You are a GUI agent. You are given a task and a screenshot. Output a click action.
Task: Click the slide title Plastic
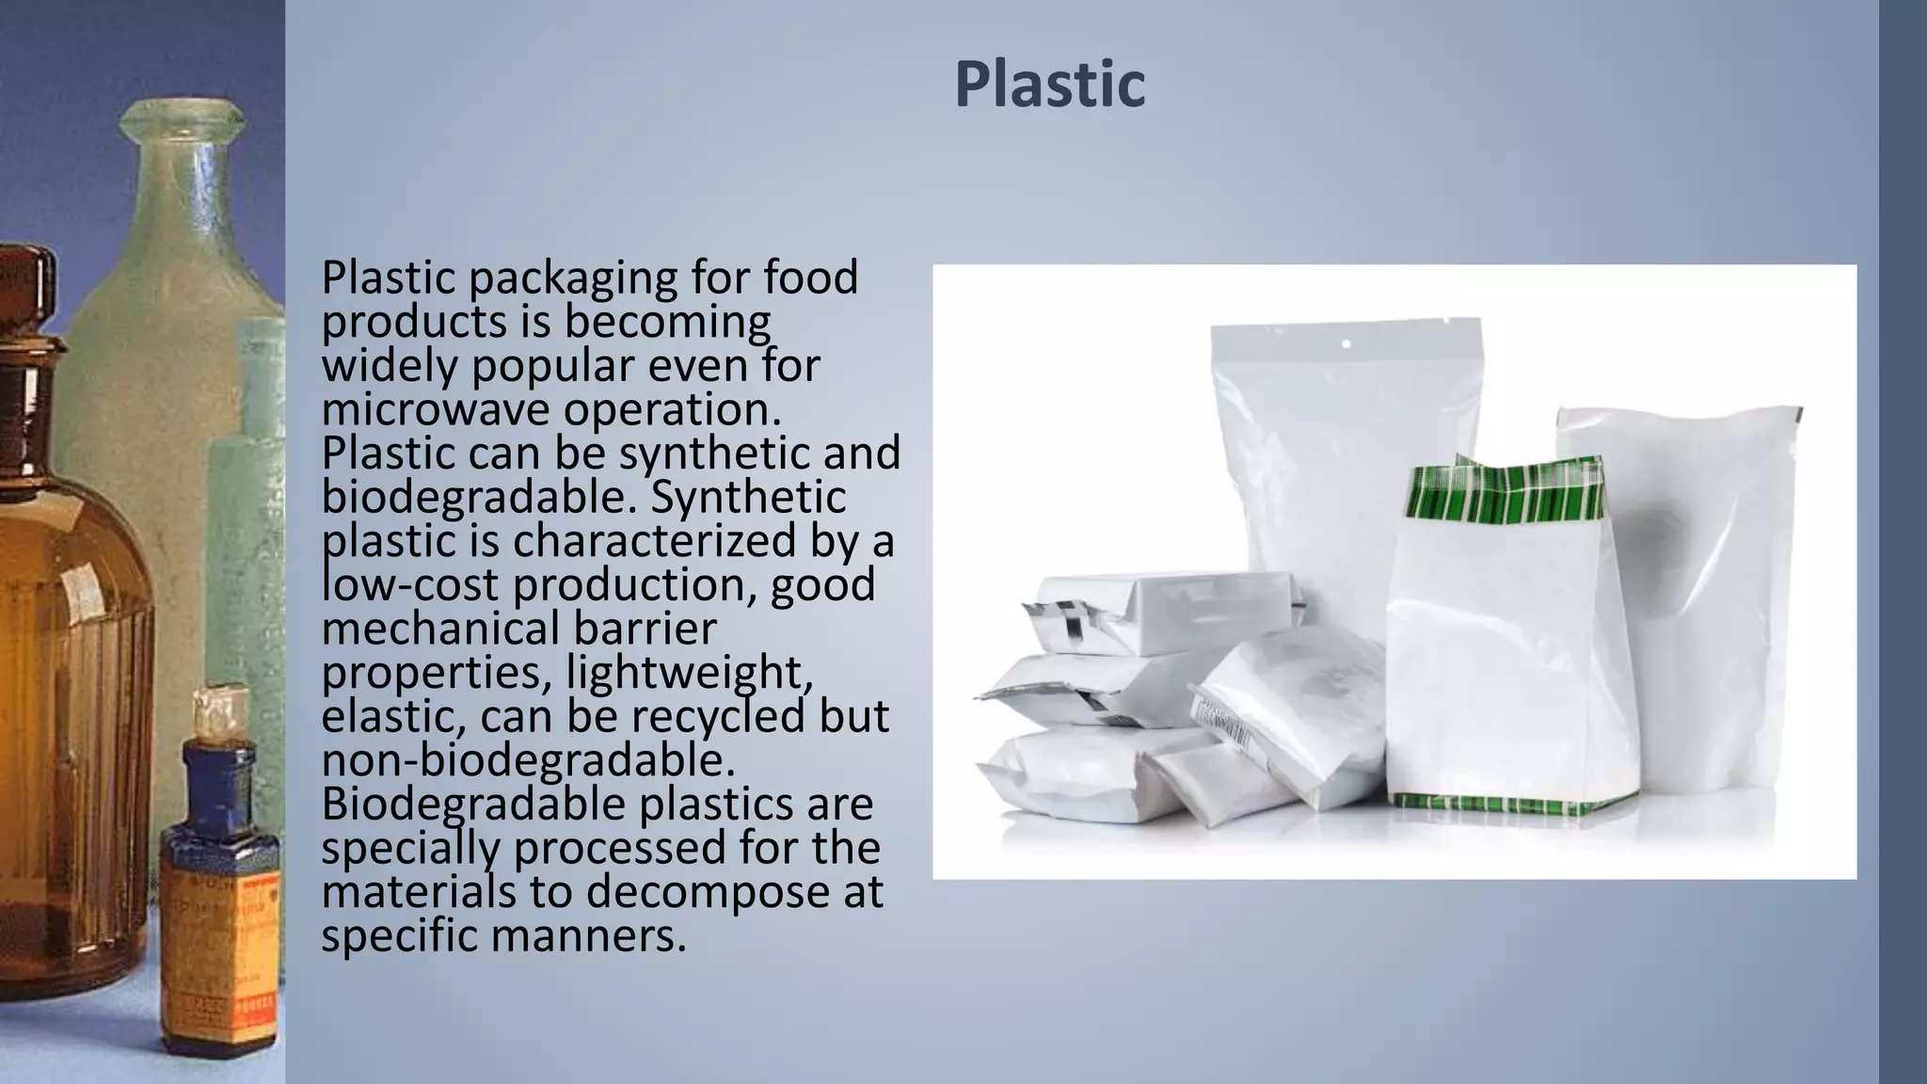[x=1049, y=85]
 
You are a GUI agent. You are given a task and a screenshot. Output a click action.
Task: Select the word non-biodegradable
[x=528, y=760]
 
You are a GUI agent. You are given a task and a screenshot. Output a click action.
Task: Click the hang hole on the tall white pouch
[x=1346, y=344]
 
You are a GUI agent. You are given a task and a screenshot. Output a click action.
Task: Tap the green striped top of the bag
[x=1504, y=494]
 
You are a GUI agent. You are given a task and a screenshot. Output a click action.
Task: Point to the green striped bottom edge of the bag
[x=1515, y=805]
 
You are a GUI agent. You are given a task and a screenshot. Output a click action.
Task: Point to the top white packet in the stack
[x=1167, y=612]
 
